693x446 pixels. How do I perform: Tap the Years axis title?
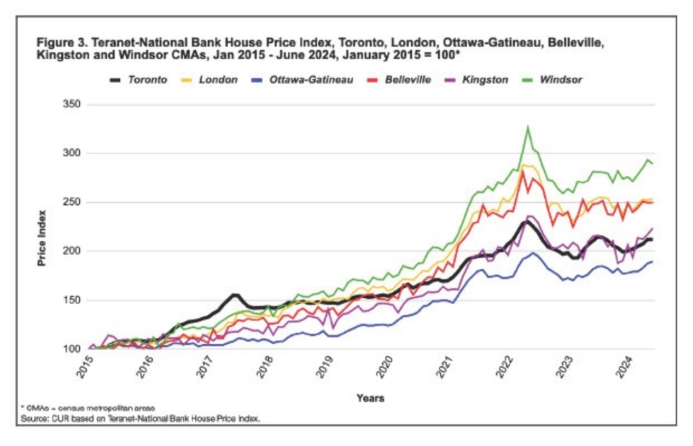370,398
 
